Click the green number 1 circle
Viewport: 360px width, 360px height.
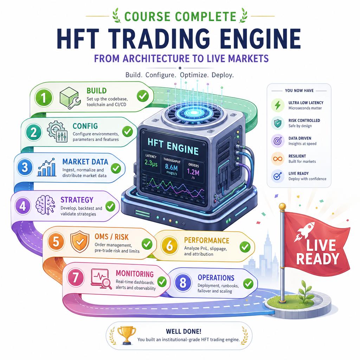(44, 98)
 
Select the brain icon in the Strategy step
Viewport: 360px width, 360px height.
(45, 205)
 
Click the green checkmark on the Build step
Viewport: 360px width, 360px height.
(143, 96)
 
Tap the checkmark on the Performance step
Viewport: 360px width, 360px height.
(245, 247)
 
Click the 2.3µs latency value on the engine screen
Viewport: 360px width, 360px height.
(151, 163)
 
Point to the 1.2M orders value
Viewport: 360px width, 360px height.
(193, 172)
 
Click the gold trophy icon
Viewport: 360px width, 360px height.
(127, 335)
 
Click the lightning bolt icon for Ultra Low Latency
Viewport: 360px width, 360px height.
(278, 105)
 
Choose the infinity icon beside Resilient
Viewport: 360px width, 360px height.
(278, 159)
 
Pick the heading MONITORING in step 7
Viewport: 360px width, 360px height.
(135, 274)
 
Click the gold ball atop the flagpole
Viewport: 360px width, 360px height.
(282, 206)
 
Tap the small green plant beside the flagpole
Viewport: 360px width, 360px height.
(306, 291)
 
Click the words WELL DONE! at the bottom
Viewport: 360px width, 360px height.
(184, 331)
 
